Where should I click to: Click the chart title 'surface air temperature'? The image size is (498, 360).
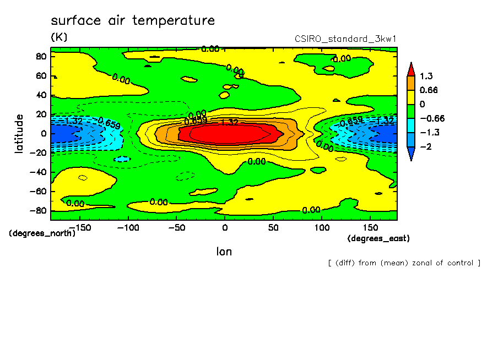click(132, 21)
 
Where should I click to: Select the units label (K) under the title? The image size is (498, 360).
click(59, 37)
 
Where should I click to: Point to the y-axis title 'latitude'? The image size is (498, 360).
click(19, 134)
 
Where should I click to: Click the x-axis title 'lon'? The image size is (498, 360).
click(224, 252)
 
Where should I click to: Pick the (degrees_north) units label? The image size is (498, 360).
click(42, 233)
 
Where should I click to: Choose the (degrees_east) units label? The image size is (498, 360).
click(379, 238)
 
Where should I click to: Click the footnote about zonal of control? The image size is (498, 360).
click(404, 263)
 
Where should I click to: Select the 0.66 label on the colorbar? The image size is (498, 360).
click(429, 90)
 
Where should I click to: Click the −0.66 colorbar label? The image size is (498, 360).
click(431, 118)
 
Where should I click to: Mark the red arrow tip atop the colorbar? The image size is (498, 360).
click(410, 68)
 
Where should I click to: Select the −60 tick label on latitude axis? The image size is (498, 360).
click(37, 191)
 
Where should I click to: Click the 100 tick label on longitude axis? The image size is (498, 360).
click(321, 227)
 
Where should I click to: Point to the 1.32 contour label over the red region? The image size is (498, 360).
click(229, 122)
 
